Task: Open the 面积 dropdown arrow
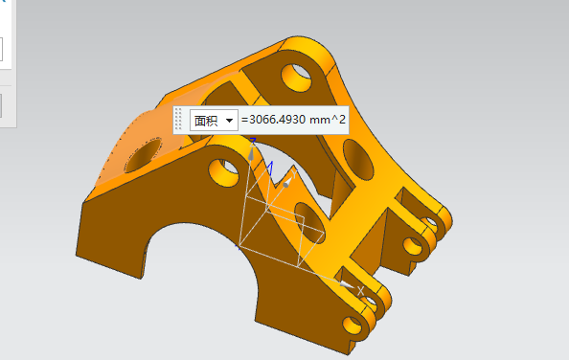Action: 229,121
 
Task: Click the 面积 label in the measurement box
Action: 206,121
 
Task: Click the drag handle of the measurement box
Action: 178,119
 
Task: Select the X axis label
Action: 360,290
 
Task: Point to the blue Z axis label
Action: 253,141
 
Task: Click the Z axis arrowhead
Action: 251,153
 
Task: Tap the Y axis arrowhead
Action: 287,183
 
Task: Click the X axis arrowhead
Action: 346,285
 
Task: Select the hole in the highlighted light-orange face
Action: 144,155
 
